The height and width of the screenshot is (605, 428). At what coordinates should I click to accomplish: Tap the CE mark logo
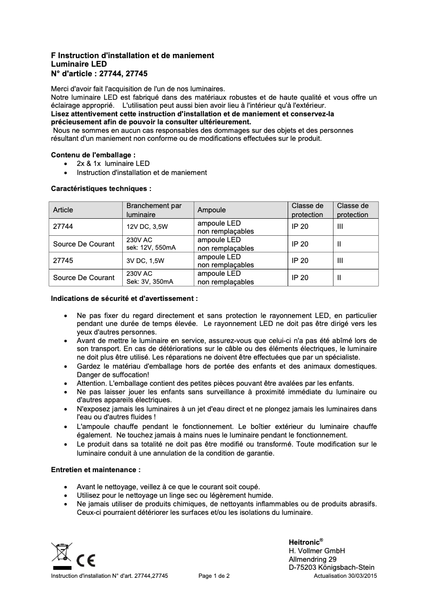point(86,561)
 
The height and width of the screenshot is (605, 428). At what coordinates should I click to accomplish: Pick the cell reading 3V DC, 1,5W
point(146,261)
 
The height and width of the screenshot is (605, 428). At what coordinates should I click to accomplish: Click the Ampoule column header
point(212,210)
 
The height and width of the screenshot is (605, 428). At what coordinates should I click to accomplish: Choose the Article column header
point(63,210)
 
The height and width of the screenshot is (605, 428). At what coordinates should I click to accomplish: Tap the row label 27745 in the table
point(63,261)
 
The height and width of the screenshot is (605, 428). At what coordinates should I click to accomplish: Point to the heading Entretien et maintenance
point(96,471)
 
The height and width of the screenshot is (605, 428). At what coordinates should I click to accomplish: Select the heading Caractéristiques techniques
point(101,188)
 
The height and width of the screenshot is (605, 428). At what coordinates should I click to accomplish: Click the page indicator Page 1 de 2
point(214,576)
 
